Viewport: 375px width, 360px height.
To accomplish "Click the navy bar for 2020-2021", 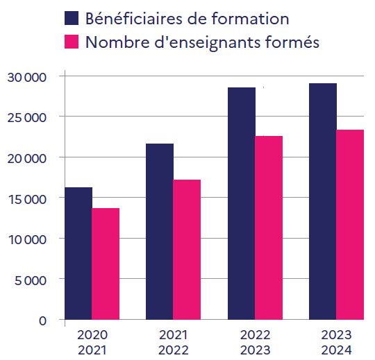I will click(x=78, y=253).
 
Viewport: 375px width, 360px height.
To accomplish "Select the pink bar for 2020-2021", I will click(x=106, y=264).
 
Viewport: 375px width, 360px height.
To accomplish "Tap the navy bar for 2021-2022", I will click(x=160, y=232).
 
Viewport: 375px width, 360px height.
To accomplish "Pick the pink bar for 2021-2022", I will click(x=187, y=250).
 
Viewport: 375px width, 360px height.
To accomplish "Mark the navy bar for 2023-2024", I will click(x=323, y=201).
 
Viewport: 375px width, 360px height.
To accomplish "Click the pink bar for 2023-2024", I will click(x=350, y=225).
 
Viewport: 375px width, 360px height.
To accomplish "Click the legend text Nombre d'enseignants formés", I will click(x=202, y=42).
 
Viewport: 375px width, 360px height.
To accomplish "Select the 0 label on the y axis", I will click(x=42, y=320).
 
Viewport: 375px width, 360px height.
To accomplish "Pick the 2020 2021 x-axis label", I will click(x=92, y=341).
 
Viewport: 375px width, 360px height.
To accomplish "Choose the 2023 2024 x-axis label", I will click(x=337, y=341).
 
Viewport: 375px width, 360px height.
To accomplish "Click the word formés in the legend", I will click(x=294, y=42).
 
